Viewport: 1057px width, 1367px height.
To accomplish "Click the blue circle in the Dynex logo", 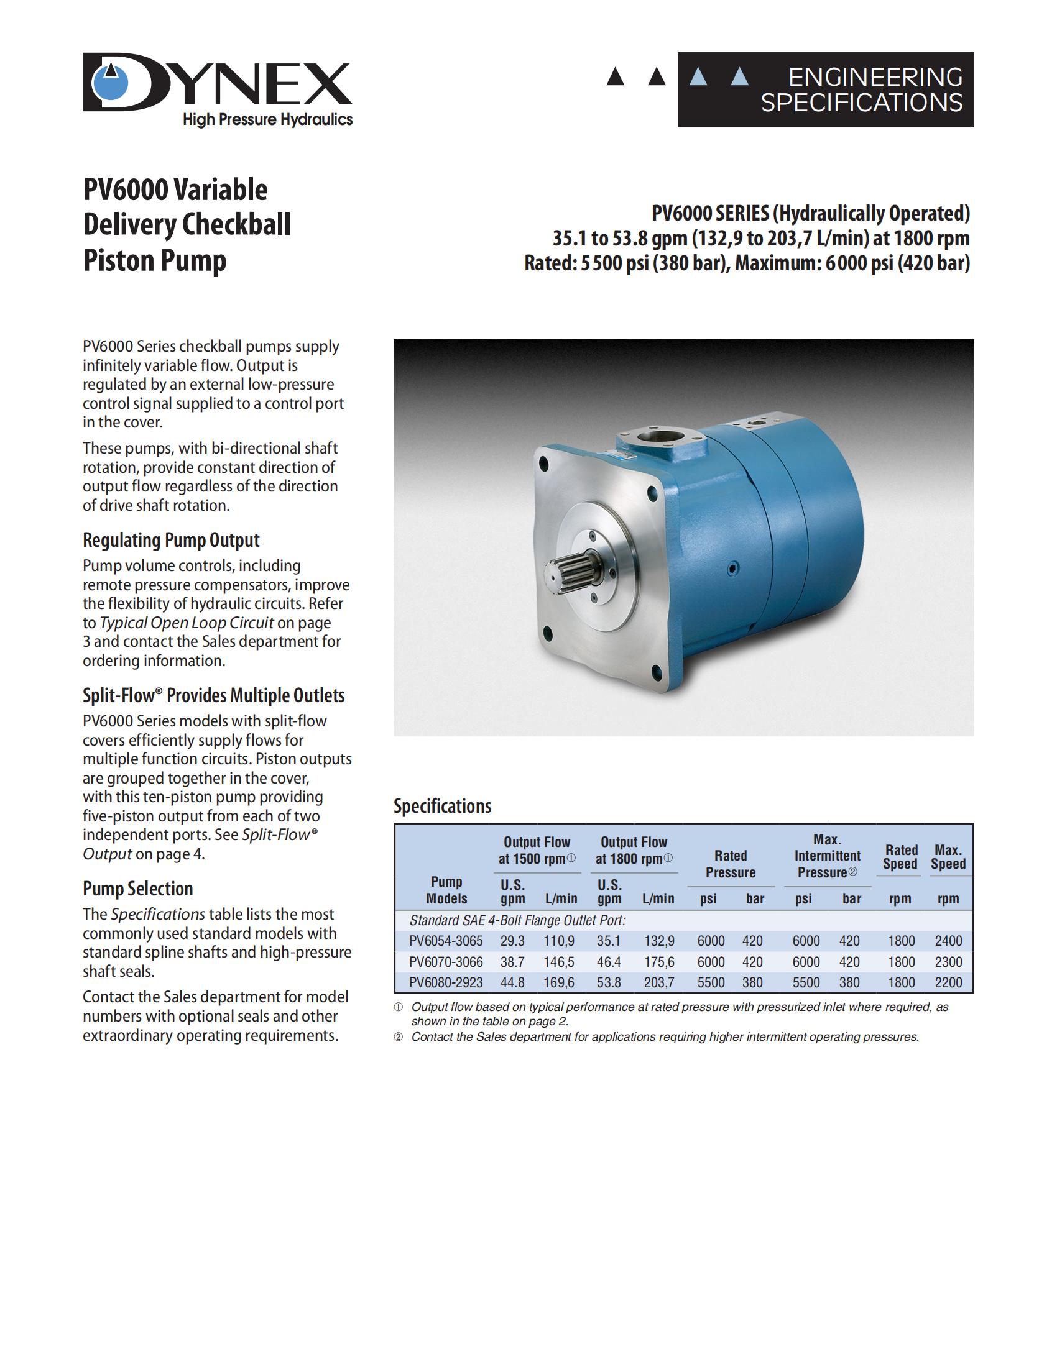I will (111, 84).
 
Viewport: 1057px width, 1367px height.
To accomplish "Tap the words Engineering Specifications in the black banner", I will (862, 89).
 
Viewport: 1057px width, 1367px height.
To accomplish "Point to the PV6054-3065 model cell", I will (446, 941).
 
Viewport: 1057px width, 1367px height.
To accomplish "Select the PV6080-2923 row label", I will (446, 983).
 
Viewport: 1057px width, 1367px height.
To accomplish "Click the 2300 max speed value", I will (948, 962).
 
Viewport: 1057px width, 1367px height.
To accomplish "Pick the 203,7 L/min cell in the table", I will (658, 983).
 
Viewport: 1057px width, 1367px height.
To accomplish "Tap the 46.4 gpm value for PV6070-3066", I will (609, 962).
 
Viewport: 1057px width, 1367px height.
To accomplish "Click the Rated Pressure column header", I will (730, 864).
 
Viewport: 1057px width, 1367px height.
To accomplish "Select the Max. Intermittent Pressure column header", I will (827, 856).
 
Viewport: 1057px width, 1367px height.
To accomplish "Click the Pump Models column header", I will (446, 890).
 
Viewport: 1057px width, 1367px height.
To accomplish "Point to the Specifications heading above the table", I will (442, 806).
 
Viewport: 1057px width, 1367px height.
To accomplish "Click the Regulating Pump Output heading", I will (171, 540).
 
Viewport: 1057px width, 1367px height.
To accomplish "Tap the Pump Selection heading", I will (138, 889).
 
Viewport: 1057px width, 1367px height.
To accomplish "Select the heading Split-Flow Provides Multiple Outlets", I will (213, 695).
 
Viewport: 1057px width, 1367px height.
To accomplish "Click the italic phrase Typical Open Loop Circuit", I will (187, 623).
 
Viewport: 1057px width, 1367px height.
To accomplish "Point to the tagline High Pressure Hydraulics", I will (267, 119).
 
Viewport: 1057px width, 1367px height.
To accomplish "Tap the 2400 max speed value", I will (948, 941).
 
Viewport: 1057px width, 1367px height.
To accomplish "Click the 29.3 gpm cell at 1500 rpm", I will (512, 941).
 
